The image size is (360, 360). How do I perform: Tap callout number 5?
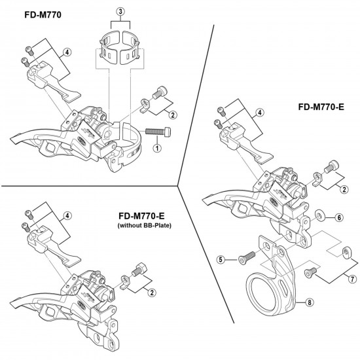[222, 260]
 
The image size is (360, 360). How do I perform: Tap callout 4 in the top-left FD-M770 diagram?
[67, 52]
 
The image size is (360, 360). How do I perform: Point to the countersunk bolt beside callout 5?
[242, 259]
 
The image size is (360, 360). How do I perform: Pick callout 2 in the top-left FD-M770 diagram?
[153, 116]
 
